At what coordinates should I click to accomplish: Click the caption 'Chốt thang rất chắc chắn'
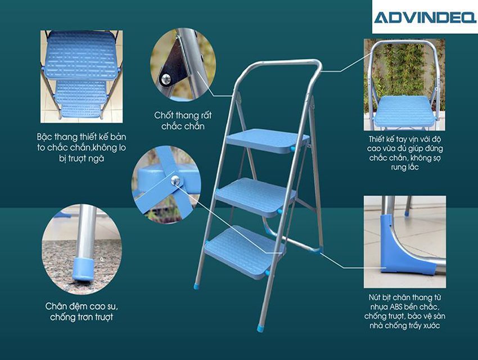click(x=183, y=120)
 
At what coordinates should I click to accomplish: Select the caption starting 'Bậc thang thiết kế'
click(x=79, y=148)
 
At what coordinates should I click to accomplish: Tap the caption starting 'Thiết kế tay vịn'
click(x=404, y=151)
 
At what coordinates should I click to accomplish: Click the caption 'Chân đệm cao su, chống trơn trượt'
click(x=82, y=312)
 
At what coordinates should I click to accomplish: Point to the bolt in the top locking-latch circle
click(x=165, y=79)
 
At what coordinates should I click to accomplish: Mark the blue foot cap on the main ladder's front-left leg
click(x=196, y=286)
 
